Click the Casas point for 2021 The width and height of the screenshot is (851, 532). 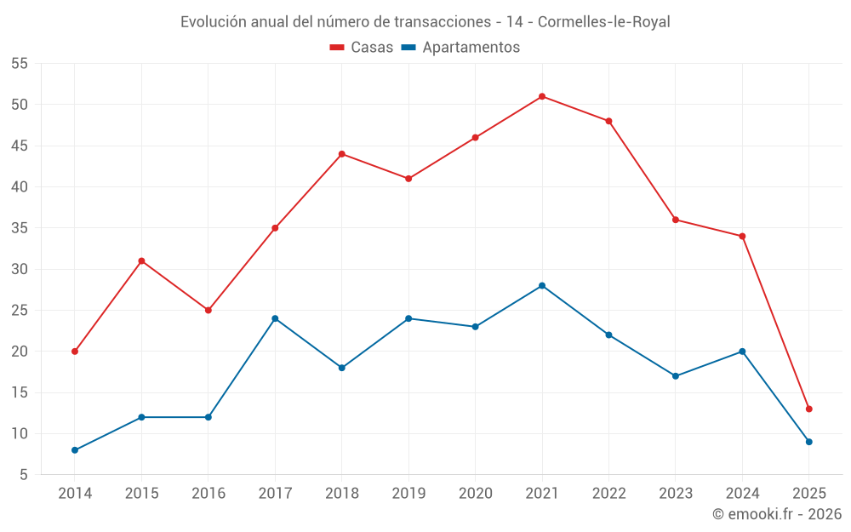pyautogui.click(x=542, y=96)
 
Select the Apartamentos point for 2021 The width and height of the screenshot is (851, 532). pyautogui.click(x=542, y=285)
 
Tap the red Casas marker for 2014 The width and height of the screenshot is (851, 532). pyautogui.click(x=75, y=352)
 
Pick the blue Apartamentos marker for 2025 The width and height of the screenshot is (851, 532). pyautogui.click(x=809, y=442)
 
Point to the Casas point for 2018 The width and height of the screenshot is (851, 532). pyautogui.click(x=342, y=154)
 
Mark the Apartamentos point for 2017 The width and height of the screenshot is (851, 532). pyautogui.click(x=275, y=318)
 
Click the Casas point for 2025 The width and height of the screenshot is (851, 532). pyautogui.click(x=809, y=409)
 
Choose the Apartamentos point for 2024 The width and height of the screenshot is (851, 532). pyautogui.click(x=742, y=352)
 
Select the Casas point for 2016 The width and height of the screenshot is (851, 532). pyautogui.click(x=208, y=310)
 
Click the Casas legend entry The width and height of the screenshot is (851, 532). pyautogui.click(x=362, y=48)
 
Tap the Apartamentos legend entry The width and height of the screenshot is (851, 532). pyautogui.click(x=460, y=48)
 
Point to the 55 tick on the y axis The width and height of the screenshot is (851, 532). pyautogui.click(x=20, y=64)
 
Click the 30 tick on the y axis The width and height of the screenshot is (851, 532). pyautogui.click(x=20, y=269)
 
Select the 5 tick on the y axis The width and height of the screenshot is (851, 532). pyautogui.click(x=24, y=475)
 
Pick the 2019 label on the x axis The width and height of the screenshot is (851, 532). pyautogui.click(x=408, y=494)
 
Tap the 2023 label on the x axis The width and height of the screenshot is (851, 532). pyautogui.click(x=676, y=494)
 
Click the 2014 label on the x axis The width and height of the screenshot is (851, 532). pyautogui.click(x=75, y=494)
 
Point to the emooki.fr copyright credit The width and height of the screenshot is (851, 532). pyautogui.click(x=777, y=514)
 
